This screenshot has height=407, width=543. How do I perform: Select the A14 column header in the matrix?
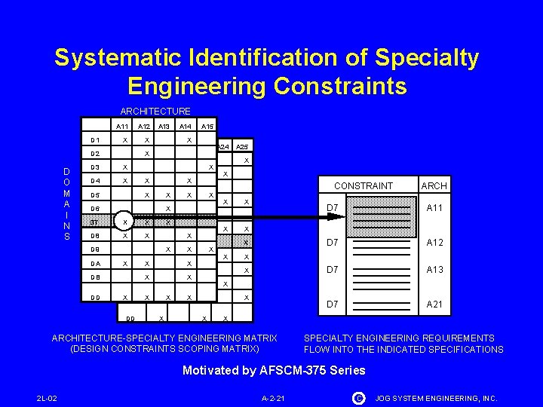(x=186, y=127)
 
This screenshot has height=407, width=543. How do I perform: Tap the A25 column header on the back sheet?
(x=242, y=146)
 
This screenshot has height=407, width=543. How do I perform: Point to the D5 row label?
(x=95, y=195)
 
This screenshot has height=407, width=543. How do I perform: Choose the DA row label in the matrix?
(x=95, y=263)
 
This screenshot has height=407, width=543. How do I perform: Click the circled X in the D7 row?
(x=125, y=222)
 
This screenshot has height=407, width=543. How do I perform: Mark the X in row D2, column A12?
(x=146, y=154)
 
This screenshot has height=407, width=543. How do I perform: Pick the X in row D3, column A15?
(x=210, y=167)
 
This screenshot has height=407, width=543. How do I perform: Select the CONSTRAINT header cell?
(x=364, y=185)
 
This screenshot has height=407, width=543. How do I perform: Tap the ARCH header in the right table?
(x=434, y=185)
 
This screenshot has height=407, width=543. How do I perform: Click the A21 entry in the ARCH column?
(x=434, y=304)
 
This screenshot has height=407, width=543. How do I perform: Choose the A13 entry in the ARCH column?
(x=434, y=270)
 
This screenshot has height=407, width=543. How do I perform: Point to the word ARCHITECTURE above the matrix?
(x=155, y=111)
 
